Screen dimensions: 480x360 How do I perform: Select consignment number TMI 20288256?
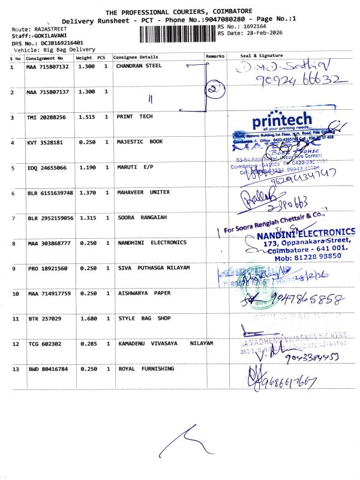[x=46, y=117]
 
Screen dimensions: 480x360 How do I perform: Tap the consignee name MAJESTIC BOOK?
[x=139, y=142]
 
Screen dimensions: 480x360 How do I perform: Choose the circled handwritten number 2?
[x=214, y=91]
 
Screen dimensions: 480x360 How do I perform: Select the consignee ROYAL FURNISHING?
[x=145, y=368]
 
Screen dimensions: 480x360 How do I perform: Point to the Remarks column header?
[x=215, y=56]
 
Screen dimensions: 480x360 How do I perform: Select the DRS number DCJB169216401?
[x=53, y=43]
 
